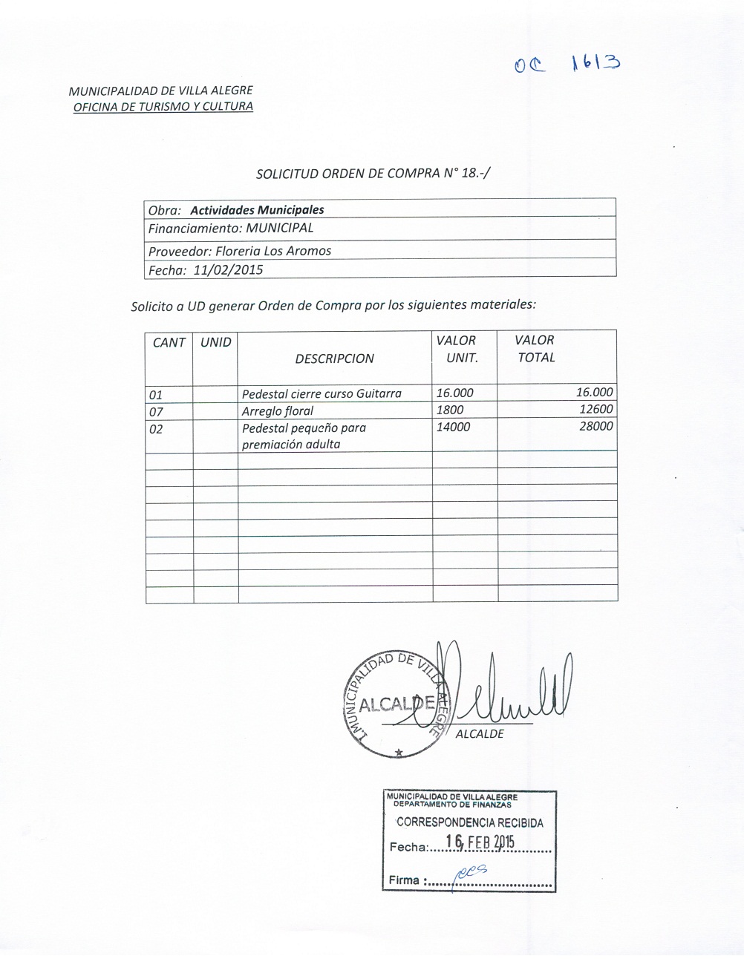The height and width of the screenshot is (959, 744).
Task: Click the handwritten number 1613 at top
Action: (x=596, y=64)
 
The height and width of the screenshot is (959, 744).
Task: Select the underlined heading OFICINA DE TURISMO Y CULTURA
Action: (x=163, y=106)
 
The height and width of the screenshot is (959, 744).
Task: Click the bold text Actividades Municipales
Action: (x=257, y=210)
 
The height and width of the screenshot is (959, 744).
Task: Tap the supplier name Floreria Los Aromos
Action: (x=273, y=251)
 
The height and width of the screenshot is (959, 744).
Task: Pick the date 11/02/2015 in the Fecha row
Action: (x=228, y=270)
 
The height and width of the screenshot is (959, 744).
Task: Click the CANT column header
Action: (x=169, y=342)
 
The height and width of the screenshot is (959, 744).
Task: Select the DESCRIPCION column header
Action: (x=334, y=359)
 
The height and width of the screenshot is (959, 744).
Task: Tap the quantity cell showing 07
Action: (x=156, y=412)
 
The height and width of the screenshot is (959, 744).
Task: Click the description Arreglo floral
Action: (x=278, y=411)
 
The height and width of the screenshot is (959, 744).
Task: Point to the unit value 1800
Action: (x=450, y=410)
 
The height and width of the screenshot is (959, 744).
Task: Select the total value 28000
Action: (x=595, y=427)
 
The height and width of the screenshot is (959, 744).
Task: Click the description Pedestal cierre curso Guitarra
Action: (x=322, y=394)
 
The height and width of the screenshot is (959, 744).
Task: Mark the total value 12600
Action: (x=595, y=410)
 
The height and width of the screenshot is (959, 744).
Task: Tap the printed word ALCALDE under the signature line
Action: (x=480, y=734)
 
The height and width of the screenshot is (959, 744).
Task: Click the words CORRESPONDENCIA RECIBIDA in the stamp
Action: (x=469, y=822)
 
